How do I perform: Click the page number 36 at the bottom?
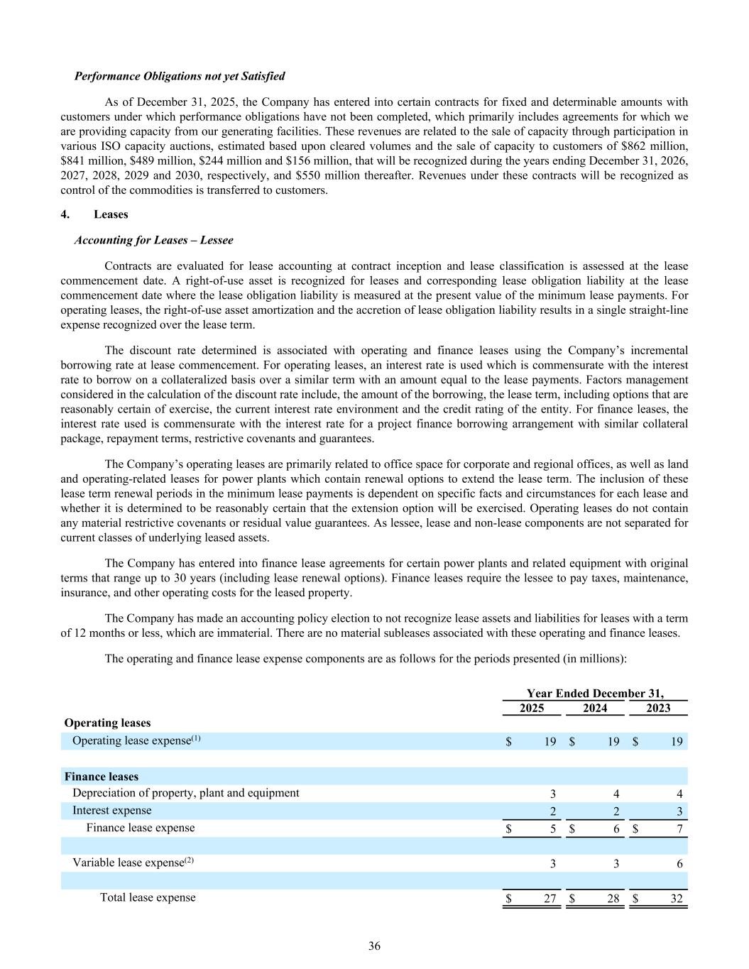374,946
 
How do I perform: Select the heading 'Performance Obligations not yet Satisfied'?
180,76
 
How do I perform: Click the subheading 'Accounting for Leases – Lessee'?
153,240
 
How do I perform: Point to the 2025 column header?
532,708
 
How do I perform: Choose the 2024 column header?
595,708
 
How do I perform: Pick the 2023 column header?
658,708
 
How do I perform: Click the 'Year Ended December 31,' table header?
595,694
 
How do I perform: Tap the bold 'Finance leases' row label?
102,777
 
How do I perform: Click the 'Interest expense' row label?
111,810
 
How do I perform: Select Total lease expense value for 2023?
676,899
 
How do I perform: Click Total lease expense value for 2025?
550,899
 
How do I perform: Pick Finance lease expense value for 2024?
616,829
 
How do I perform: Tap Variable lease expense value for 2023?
679,864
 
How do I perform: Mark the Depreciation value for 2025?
553,794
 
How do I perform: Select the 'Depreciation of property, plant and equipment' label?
186,793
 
